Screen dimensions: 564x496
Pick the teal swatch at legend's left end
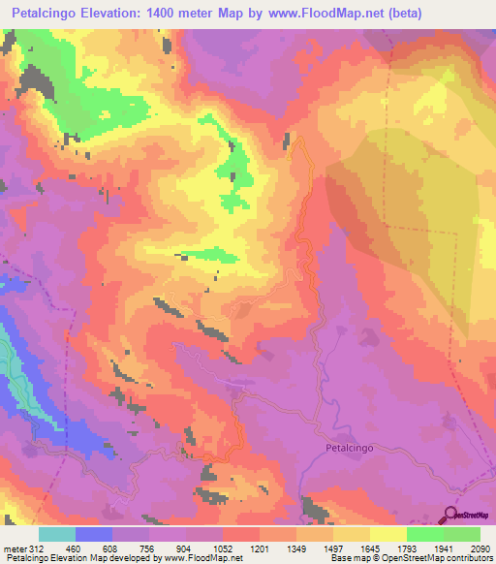click(56, 534)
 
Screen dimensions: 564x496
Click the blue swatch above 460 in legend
click(93, 534)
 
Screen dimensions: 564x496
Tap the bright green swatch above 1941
click(425, 534)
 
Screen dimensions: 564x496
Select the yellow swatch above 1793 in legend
click(387, 534)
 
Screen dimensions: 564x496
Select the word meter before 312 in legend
click(15, 548)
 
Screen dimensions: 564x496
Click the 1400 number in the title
click(185, 14)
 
